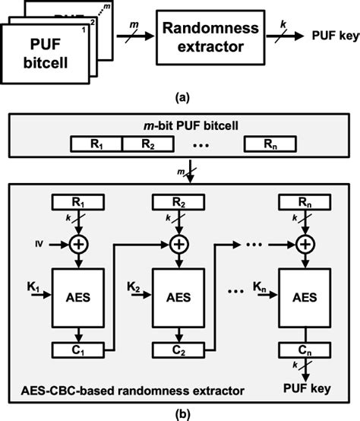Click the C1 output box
(x=79, y=351)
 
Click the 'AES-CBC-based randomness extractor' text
(x=133, y=389)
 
